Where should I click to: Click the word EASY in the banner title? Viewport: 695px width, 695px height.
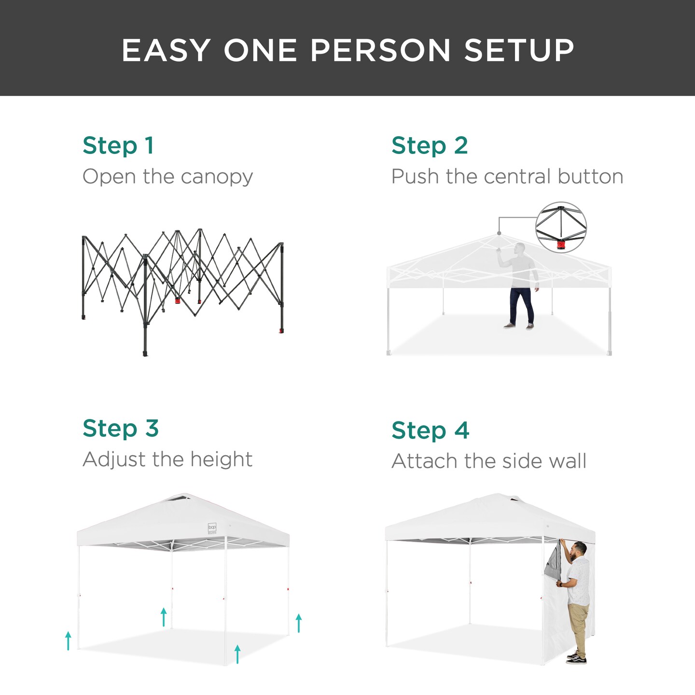(x=166, y=50)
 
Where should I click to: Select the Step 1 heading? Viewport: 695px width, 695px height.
(x=118, y=145)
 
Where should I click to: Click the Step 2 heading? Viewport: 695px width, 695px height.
(x=430, y=145)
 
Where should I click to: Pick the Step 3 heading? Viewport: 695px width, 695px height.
(x=121, y=428)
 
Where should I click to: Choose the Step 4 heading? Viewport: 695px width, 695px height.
(x=430, y=430)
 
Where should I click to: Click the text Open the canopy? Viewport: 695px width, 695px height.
(x=167, y=177)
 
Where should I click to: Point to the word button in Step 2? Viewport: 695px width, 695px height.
(x=590, y=177)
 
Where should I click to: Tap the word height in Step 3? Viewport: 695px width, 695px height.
(x=221, y=459)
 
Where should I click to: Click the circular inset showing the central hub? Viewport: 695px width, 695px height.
(x=561, y=227)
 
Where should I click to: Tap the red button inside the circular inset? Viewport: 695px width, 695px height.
(x=560, y=245)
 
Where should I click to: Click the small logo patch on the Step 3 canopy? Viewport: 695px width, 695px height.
(x=212, y=528)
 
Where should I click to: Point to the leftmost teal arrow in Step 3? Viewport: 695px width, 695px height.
(x=68, y=640)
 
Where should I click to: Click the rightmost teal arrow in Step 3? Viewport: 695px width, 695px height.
(x=299, y=623)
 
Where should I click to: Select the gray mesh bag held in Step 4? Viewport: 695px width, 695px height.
(x=554, y=561)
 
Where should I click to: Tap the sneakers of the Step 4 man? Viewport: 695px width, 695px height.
(x=576, y=658)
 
